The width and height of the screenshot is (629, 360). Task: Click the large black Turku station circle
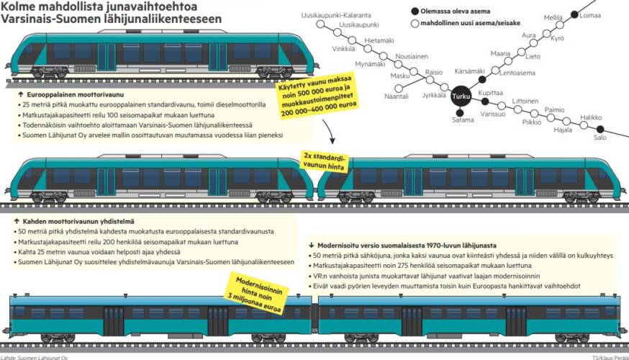coord(461,96)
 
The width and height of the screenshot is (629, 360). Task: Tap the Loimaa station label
coord(589,16)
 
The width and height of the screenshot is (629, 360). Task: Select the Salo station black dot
coord(600,129)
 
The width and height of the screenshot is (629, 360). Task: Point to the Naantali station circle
coord(399,88)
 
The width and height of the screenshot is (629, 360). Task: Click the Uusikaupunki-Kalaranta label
coord(336,15)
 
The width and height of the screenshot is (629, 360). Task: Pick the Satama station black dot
coord(460,113)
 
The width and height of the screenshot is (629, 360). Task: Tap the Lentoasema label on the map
coord(517,73)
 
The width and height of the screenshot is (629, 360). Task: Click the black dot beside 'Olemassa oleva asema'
coord(415,12)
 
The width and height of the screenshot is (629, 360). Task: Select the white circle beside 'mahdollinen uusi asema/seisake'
coord(415,23)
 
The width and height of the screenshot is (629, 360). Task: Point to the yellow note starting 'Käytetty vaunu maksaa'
coord(317,97)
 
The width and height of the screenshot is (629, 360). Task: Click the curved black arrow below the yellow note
coord(328,131)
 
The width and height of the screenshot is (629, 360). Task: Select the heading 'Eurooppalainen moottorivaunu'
coord(75,95)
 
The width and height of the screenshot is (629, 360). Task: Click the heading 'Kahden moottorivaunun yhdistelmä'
coord(78,221)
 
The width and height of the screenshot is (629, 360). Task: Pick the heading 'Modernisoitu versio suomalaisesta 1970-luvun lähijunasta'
coord(407,246)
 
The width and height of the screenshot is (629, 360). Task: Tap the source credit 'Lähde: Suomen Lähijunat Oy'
coord(34,357)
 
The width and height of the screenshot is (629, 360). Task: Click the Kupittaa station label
coord(490,93)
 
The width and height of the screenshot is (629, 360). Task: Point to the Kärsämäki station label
coord(469,71)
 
